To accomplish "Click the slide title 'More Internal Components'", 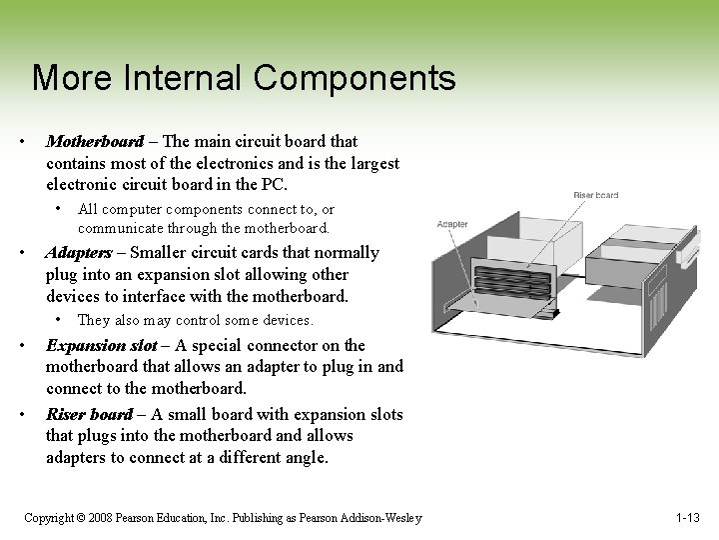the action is coord(244,78).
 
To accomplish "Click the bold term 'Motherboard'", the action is coord(95,142).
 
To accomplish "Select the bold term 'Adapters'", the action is coord(78,253).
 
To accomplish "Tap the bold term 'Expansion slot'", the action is coord(101,346).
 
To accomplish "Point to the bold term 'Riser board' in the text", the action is coord(89,414).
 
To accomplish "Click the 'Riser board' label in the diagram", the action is coord(595,194).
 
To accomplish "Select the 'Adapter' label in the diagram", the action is coord(452,224).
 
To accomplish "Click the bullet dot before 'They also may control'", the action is coord(61,320).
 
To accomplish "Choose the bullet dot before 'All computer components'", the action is coord(61,209).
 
